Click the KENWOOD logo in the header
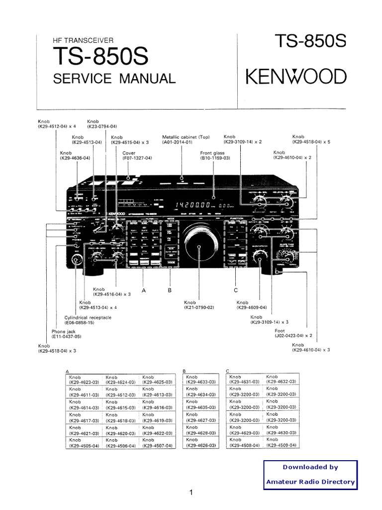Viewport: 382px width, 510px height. (295, 77)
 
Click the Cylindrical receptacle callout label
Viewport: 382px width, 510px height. (88, 320)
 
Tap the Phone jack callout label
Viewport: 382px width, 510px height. (66, 334)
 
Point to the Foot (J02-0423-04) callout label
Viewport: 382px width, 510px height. (293, 333)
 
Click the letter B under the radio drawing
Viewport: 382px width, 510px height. (169, 290)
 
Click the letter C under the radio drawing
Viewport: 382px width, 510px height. (236, 290)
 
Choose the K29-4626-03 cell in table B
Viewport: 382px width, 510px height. (201, 442)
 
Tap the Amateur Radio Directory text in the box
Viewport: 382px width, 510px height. (310, 482)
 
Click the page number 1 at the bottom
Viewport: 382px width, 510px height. (191, 493)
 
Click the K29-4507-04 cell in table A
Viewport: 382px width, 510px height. (157, 442)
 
